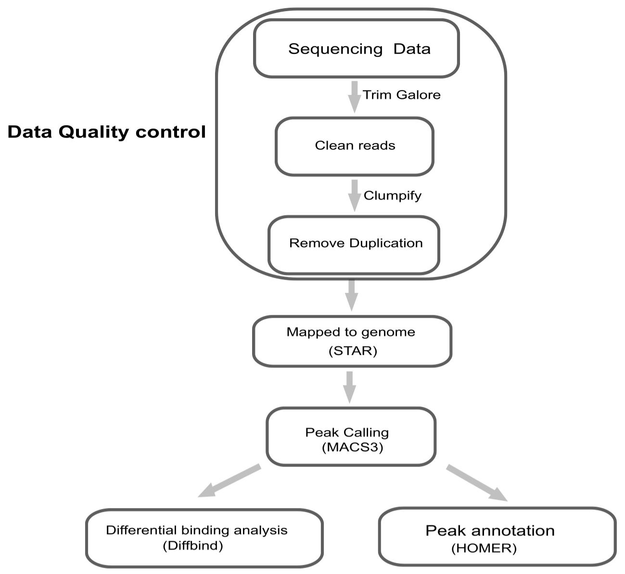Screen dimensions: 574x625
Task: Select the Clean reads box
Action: [355, 146]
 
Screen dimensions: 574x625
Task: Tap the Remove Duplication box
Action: [354, 244]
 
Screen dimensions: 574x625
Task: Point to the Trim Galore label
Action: [401, 95]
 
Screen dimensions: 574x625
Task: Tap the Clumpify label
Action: [393, 196]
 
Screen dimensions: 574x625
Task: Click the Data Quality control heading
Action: [107, 132]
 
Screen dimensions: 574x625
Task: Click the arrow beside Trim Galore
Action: [355, 97]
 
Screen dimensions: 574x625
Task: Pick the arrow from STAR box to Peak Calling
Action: [350, 387]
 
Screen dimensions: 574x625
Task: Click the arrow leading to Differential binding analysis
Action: [230, 481]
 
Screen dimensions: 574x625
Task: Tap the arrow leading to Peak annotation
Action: [477, 483]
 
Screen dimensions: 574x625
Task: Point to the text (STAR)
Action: [352, 351]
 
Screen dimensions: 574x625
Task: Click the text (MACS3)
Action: [352, 448]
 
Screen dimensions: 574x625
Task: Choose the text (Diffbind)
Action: [192, 546]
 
